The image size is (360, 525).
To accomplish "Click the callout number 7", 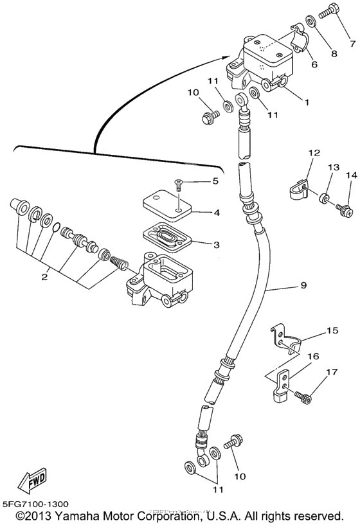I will pyautogui.click(x=352, y=44).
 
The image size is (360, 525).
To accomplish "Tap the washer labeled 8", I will pyautogui.click(x=310, y=24).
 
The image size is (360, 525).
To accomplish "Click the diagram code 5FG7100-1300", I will pyautogui.click(x=35, y=505).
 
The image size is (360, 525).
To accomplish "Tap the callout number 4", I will pyautogui.click(x=217, y=211).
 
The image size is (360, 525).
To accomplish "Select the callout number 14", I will pyautogui.click(x=350, y=175).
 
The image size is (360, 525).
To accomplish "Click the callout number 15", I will pyautogui.click(x=332, y=330).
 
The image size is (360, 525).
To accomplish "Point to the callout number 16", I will pyautogui.click(x=312, y=355).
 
